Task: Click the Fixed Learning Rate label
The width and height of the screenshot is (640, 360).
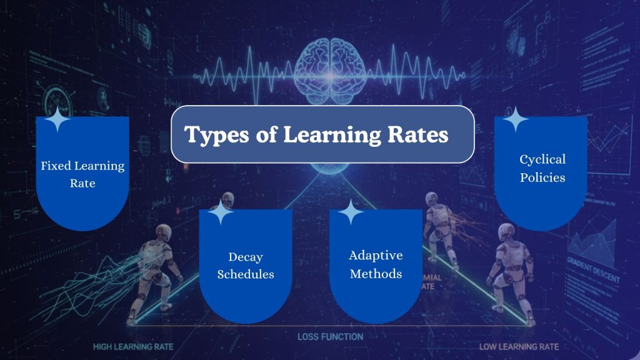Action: [x=82, y=175]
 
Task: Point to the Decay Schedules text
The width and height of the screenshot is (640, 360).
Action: [x=246, y=266]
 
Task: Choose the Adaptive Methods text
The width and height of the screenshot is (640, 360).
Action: [x=376, y=264]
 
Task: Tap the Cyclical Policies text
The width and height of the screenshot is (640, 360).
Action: [x=542, y=169]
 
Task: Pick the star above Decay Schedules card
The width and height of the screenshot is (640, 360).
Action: [x=220, y=212]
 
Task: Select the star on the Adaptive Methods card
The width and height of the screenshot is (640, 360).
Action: [x=351, y=212]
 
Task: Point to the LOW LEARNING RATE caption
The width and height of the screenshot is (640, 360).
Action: [x=519, y=346]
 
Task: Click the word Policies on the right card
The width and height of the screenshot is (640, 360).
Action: [x=542, y=177]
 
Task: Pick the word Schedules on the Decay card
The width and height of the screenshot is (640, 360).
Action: [x=246, y=274]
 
